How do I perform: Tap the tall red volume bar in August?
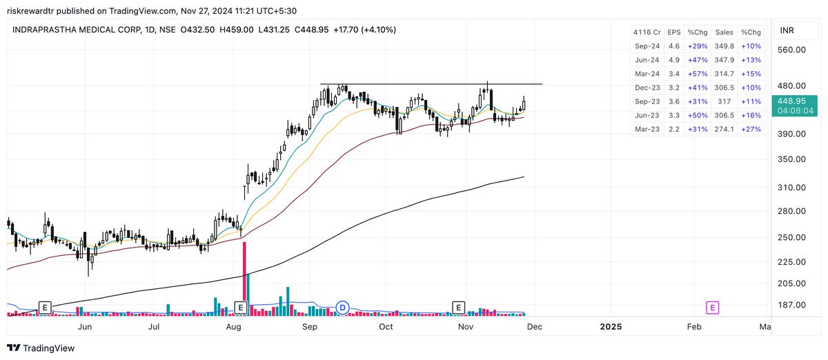tap(244, 276)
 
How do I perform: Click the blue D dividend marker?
tap(342, 307)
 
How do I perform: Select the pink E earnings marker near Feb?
tap(713, 307)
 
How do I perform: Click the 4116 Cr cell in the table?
tap(647, 32)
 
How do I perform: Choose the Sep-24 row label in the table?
tap(647, 46)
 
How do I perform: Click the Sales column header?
tap(724, 32)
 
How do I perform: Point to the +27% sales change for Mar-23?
tap(751, 129)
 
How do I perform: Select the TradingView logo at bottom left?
tap(41, 348)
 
